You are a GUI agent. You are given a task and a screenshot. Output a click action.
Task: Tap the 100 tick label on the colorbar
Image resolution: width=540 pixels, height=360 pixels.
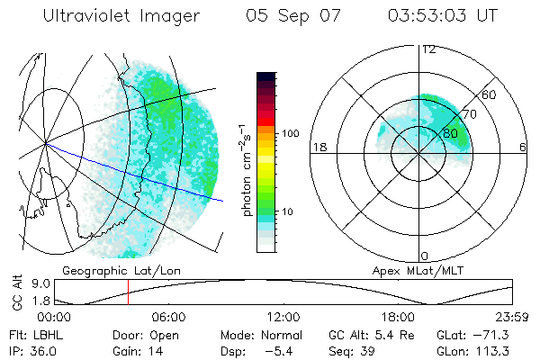click(x=289, y=133)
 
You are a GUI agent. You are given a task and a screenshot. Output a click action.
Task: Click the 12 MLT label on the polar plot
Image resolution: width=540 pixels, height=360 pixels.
click(x=428, y=49)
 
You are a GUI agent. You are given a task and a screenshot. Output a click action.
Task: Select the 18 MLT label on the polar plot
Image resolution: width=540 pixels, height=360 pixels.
click(x=318, y=147)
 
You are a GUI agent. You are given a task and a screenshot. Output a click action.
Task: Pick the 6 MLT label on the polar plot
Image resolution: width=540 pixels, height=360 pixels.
click(x=523, y=147)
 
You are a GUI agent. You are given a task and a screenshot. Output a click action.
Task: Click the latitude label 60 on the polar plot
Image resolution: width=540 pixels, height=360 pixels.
click(x=490, y=94)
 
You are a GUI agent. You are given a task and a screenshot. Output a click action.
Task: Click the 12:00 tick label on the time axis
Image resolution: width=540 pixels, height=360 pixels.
click(x=283, y=317)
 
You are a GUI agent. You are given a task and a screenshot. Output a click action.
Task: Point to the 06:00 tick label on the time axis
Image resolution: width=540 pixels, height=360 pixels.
click(x=168, y=317)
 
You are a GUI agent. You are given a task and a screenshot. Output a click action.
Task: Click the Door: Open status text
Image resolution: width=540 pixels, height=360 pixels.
click(x=145, y=335)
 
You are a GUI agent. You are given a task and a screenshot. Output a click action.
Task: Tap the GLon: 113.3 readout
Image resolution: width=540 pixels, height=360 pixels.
click(x=472, y=351)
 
